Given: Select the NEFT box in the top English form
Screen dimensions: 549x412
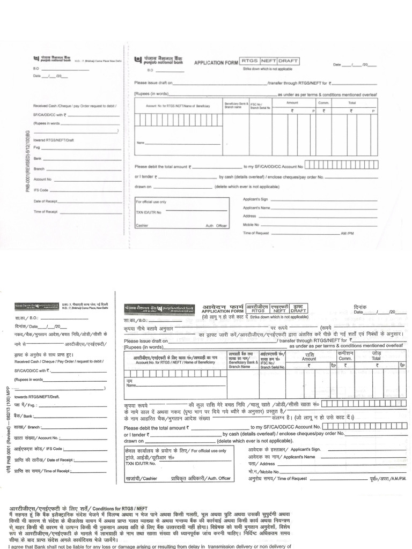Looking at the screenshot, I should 268,61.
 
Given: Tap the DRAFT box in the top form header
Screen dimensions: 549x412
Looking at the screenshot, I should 289,61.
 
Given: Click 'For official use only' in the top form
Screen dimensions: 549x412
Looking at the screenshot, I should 151,202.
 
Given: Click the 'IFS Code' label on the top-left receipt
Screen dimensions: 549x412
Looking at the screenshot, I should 41,190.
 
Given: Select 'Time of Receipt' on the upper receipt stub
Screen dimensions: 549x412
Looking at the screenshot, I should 45,212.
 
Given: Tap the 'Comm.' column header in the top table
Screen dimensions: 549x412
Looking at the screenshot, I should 324,102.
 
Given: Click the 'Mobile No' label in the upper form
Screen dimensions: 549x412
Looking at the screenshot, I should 251,225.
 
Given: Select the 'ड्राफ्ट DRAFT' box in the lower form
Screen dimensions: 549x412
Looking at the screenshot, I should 298,308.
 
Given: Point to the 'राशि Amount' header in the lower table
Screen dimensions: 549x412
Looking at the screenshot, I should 309,357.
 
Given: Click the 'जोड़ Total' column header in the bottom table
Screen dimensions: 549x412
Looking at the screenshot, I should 376,357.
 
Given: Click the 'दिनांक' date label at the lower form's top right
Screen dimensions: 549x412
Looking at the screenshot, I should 360,307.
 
